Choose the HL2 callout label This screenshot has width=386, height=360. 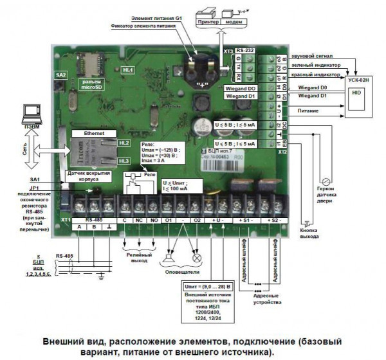click(124, 142)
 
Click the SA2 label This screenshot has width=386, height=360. click(60, 75)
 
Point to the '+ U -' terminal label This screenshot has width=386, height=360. click(216, 220)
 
